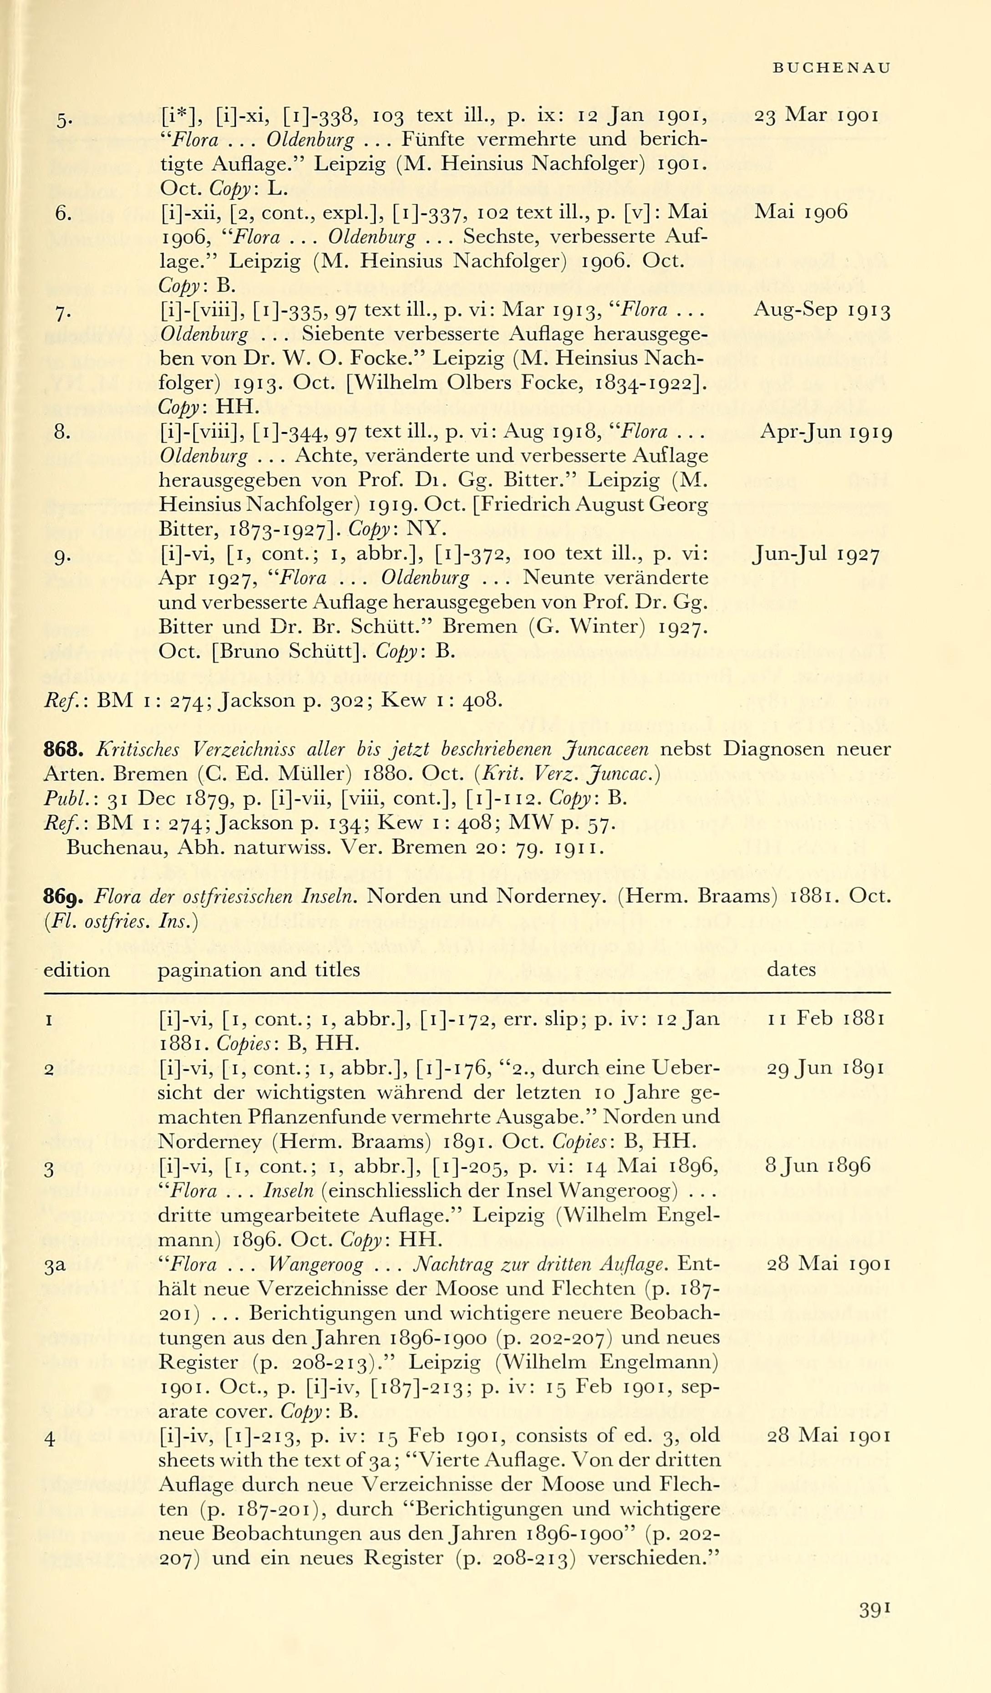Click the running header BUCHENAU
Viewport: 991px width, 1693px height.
[832, 68]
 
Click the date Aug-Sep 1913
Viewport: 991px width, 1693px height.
[823, 310]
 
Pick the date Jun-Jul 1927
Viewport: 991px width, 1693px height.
[816, 555]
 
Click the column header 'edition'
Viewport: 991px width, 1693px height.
[76, 970]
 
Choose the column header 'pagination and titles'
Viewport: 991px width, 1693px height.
[259, 970]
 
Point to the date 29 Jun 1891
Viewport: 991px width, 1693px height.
[826, 1068]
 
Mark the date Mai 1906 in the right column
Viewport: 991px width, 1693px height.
[801, 212]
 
